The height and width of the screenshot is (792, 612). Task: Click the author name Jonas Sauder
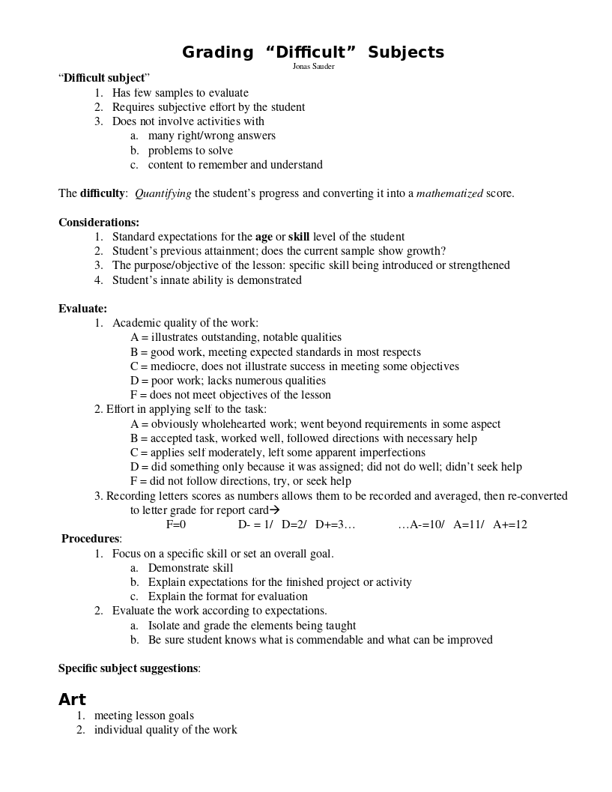(313, 67)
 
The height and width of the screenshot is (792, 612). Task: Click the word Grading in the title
(218, 52)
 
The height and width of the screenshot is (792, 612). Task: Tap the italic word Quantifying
(163, 193)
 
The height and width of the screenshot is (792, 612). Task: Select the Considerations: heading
(99, 223)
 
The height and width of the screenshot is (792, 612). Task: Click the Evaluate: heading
(82, 309)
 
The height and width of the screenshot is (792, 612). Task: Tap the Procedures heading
(91, 539)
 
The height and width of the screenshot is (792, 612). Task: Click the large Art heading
(72, 700)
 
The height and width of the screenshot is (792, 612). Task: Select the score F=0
(176, 525)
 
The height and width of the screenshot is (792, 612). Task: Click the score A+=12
(510, 525)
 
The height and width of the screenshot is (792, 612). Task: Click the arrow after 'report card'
(274, 510)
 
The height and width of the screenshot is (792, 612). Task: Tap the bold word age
(264, 237)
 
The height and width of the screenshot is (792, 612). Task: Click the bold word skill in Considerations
(299, 237)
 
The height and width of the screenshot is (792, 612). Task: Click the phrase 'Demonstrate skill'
(190, 568)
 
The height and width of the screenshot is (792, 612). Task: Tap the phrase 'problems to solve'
(190, 151)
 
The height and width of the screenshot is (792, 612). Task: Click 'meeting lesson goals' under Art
(144, 716)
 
